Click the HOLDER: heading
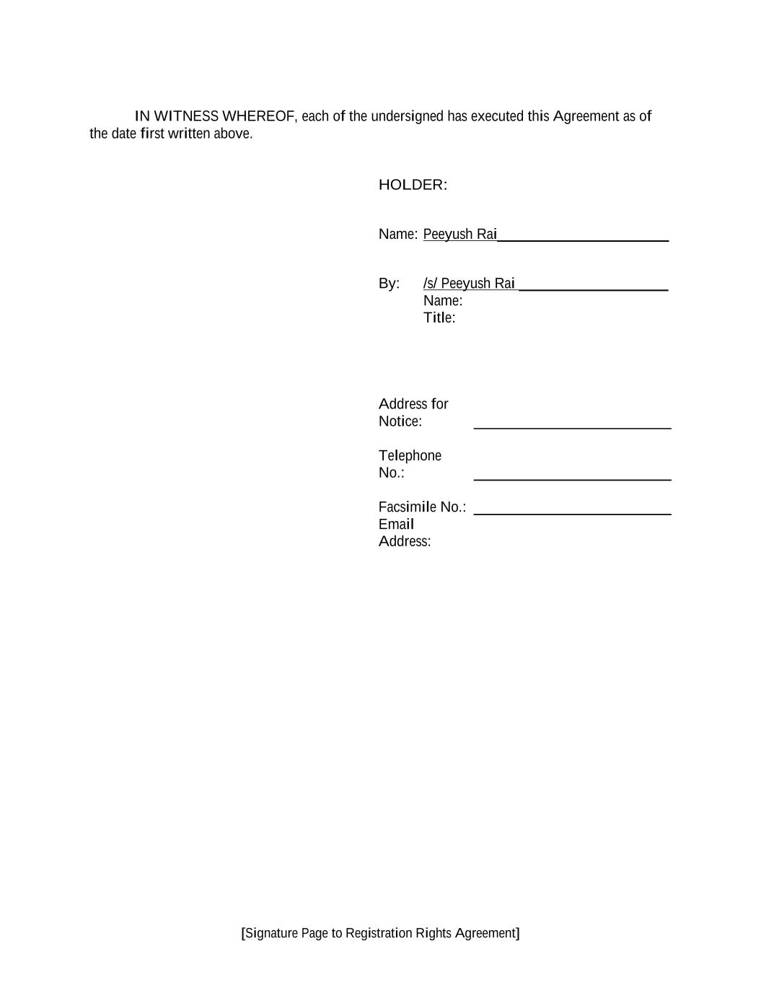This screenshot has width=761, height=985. coord(413,185)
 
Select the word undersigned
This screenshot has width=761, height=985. coord(407,116)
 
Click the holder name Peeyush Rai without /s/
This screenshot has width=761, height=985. coord(459,234)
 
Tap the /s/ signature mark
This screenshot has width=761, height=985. coord(430,284)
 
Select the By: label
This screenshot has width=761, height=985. coord(389,284)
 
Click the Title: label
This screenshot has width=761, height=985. coord(439,318)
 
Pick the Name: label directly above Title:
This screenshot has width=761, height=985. coord(443,301)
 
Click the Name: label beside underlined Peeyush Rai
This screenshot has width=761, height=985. coord(397,234)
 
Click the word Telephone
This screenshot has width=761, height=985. coord(410,455)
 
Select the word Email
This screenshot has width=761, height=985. coord(396,525)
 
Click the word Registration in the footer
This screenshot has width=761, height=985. coord(379,933)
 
